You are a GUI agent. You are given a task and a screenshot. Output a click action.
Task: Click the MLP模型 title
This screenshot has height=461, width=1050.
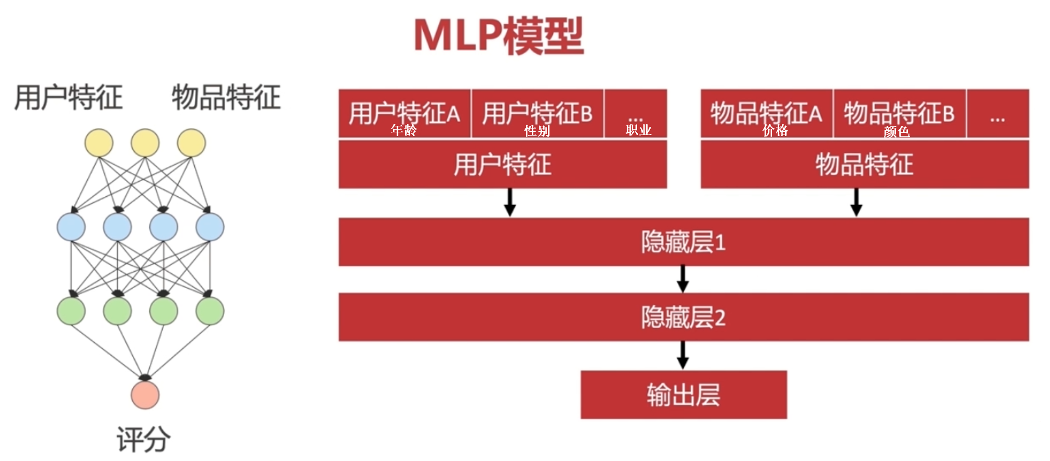pos(498,36)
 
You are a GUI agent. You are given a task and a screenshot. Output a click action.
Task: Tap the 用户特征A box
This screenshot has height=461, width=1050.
pos(404,112)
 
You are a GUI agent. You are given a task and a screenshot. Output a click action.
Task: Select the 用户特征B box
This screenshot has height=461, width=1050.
pos(537,112)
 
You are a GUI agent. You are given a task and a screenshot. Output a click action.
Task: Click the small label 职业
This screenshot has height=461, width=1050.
pos(638,130)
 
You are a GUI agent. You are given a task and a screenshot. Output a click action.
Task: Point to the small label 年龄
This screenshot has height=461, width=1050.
pos(404,131)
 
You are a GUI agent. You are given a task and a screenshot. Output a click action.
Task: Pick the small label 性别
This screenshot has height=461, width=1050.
pos(537,131)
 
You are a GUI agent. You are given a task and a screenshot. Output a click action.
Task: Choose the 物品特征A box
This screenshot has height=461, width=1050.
pos(766,112)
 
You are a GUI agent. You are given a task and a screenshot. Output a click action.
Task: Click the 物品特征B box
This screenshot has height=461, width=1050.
pos(899,112)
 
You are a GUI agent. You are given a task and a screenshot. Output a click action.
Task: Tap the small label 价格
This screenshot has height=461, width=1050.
pos(775,131)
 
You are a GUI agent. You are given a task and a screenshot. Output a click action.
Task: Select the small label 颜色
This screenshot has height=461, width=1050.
pos(896,132)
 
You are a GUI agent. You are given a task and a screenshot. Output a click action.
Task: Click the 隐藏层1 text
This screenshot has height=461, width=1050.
pos(683,242)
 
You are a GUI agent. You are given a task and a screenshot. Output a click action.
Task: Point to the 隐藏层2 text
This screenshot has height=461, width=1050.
pos(683,317)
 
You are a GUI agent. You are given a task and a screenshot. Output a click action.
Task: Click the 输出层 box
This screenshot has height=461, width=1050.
pos(683,394)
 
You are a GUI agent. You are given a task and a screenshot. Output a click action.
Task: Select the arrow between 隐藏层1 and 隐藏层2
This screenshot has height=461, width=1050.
pos(683,279)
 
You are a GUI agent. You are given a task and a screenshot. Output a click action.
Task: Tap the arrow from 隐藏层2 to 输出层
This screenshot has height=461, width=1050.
pos(683,355)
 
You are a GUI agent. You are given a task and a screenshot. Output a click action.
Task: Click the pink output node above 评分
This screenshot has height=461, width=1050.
pos(145,395)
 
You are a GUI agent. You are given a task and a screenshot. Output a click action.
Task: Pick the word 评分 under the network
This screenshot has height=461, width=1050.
pos(143,439)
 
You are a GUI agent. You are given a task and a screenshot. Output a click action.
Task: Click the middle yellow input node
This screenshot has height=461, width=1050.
pos(145,143)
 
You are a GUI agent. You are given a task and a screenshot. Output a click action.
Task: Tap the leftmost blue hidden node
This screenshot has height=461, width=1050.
pos(71,227)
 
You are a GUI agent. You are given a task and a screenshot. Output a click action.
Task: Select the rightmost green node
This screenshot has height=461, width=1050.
pos(210,311)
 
